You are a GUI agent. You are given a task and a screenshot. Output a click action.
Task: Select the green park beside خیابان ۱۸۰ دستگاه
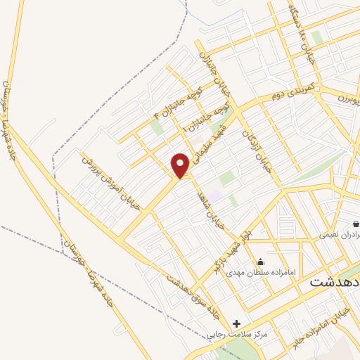[317, 37]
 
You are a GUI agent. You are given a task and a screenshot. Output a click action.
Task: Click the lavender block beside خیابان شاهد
[214, 193]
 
